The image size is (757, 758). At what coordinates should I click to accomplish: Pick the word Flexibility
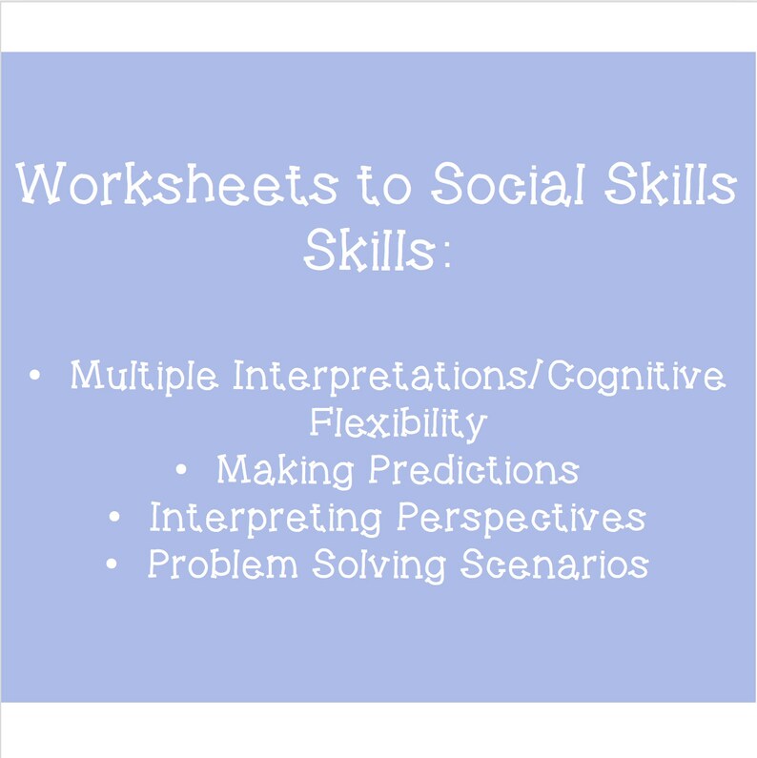coord(398,422)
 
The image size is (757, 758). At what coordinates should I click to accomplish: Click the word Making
coord(283,470)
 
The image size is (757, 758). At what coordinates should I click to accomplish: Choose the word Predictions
coord(474,470)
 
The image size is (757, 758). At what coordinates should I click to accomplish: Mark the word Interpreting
coord(264,519)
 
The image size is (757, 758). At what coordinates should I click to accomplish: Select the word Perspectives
coord(521,519)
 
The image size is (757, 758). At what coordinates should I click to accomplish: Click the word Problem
coord(222,565)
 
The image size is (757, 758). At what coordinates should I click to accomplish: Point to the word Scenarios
coord(555,565)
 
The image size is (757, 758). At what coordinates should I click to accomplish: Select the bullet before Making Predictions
coord(181,469)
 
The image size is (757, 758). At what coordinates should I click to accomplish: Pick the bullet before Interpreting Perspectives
coord(114,517)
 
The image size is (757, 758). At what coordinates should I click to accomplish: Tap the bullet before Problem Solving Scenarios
coord(113,564)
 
